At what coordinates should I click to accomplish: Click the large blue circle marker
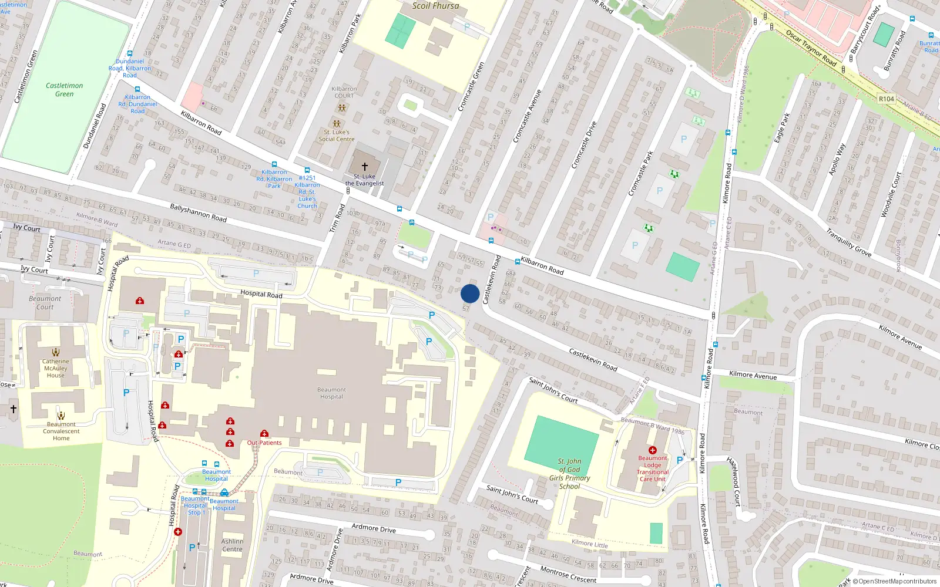[x=470, y=293]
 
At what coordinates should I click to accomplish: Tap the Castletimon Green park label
[x=64, y=89]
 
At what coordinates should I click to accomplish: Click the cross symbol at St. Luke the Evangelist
[x=364, y=167]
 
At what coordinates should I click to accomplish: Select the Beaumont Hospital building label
[x=331, y=393]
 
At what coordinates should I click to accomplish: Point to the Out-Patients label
[x=264, y=443]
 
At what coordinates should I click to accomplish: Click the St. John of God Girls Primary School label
[x=569, y=474]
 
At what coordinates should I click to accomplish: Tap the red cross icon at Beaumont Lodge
[x=652, y=450]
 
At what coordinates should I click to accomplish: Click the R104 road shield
[x=886, y=99]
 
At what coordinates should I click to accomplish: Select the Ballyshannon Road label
[x=198, y=212]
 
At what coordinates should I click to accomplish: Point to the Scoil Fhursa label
[x=435, y=5]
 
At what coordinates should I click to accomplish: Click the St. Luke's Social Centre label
[x=337, y=136]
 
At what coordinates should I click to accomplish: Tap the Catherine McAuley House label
[x=56, y=368]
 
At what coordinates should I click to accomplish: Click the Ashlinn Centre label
[x=232, y=545]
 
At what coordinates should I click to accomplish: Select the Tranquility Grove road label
[x=848, y=242]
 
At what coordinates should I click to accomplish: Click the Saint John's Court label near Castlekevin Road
[x=553, y=390]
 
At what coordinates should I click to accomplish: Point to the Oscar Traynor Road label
[x=811, y=48]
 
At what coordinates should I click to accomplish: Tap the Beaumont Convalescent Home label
[x=61, y=431]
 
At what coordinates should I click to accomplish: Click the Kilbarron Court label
[x=344, y=92]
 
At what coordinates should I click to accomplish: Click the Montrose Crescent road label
[x=568, y=575]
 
